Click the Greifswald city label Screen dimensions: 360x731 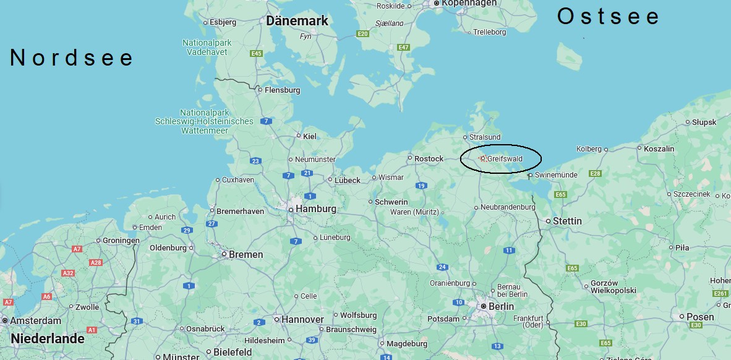505,159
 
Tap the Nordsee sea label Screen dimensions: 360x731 72,58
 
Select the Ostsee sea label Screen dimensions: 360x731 609,17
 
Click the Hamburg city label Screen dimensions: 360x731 315,209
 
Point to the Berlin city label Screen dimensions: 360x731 500,306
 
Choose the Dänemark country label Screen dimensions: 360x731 297,21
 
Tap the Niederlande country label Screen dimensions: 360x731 48,339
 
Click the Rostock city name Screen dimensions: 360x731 429,159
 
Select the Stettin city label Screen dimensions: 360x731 567,221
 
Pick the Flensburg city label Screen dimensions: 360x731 282,90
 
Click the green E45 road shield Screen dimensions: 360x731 257,54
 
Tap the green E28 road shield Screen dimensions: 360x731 596,174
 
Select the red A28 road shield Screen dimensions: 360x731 96,263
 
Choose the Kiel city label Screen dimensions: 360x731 310,136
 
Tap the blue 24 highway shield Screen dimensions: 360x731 442,267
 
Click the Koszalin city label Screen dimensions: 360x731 659,149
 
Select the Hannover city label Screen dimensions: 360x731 302,320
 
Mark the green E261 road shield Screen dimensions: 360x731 720,294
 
